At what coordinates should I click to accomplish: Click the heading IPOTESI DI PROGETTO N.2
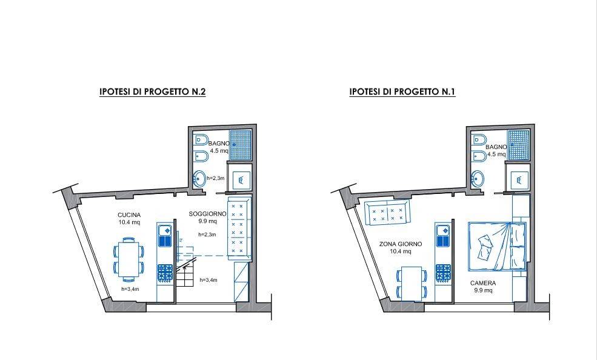click(x=152, y=92)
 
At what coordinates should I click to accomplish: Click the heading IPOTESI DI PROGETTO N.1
click(x=402, y=92)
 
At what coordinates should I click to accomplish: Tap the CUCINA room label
click(x=129, y=215)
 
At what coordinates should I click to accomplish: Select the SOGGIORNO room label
click(x=207, y=215)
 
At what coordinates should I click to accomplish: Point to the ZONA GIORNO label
click(x=401, y=244)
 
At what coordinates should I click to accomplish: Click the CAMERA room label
click(x=483, y=283)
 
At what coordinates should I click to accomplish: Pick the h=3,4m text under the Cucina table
click(x=130, y=289)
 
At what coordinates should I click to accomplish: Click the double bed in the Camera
click(x=497, y=247)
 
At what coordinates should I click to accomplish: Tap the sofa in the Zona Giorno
click(x=387, y=213)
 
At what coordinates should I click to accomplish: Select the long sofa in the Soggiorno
click(x=239, y=228)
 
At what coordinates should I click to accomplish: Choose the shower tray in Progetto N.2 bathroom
click(x=240, y=145)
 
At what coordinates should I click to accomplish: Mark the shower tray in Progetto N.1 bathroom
click(x=519, y=145)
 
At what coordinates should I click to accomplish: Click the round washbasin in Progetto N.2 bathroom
click(x=199, y=178)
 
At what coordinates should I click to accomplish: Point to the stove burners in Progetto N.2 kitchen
click(x=165, y=273)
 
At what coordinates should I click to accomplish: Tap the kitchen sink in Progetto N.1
click(x=443, y=236)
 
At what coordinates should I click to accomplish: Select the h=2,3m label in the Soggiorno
click(x=207, y=235)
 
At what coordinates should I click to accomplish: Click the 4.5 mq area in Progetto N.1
click(x=496, y=154)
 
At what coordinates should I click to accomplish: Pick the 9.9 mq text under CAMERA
click(x=483, y=290)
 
